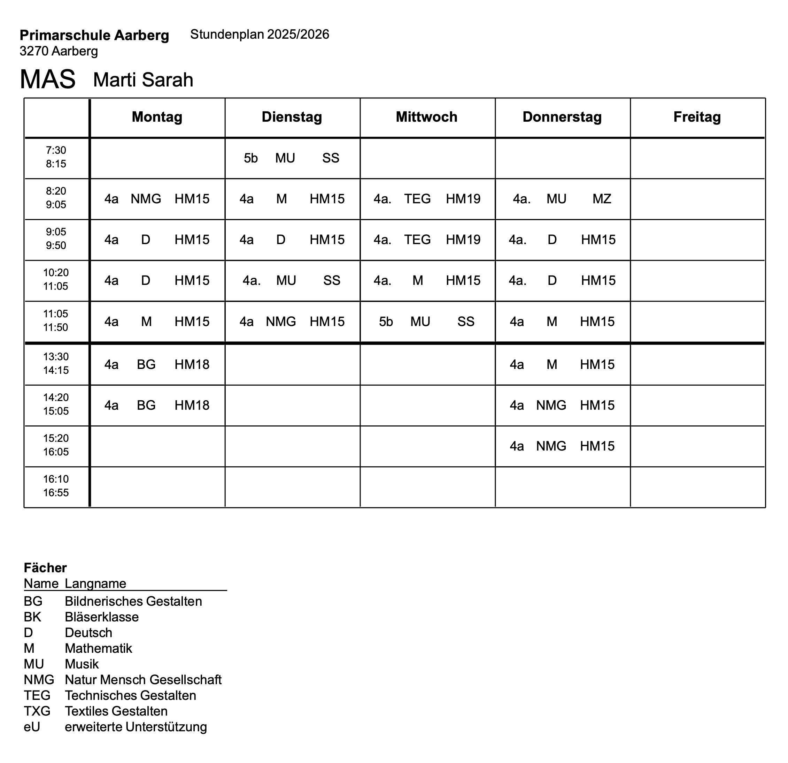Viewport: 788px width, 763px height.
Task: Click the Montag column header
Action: pyautogui.click(x=157, y=117)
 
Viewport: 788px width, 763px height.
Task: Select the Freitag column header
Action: pyautogui.click(x=697, y=117)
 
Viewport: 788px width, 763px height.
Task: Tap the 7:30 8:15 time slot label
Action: pyautogui.click(x=56, y=157)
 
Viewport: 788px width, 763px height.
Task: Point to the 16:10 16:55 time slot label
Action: pyautogui.click(x=56, y=486)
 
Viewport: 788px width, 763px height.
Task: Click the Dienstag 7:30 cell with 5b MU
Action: pyautogui.click(x=292, y=158)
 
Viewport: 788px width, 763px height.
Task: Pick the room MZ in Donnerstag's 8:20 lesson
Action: pyautogui.click(x=602, y=199)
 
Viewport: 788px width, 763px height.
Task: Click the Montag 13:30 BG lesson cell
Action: pyautogui.click(x=157, y=365)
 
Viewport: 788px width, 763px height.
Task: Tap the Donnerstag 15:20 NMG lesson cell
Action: pyautogui.click(x=562, y=446)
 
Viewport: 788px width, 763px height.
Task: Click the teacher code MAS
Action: pyautogui.click(x=47, y=79)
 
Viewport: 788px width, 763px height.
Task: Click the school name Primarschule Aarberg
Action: pyautogui.click(x=94, y=36)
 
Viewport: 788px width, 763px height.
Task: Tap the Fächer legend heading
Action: pyautogui.click(x=45, y=568)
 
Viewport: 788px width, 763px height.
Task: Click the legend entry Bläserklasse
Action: pyautogui.click(x=102, y=617)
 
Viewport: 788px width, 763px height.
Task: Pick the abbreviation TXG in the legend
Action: pyautogui.click(x=37, y=711)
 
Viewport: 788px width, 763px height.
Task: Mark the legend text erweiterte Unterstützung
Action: pyautogui.click(x=136, y=727)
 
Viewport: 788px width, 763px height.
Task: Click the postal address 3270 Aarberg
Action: pyautogui.click(x=59, y=51)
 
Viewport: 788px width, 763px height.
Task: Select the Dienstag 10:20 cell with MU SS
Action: pyautogui.click(x=292, y=280)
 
